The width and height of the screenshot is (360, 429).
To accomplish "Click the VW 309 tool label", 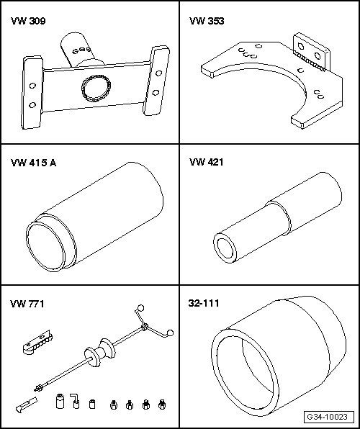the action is point(28,21).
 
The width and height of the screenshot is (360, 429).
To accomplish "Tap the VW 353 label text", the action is point(207,21).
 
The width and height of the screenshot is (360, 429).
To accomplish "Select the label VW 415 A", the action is point(33,163).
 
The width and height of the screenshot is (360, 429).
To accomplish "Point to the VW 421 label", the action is point(206,162).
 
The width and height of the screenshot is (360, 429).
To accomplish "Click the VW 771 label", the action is point(27,304).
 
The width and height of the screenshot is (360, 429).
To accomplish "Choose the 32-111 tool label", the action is point(204,304).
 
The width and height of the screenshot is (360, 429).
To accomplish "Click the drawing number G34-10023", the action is point(327,417).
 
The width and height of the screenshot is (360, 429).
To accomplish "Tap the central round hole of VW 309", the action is point(96,88).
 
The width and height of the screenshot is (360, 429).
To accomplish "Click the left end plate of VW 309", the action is point(32,92).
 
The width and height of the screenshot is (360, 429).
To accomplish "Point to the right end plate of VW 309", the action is point(156,81).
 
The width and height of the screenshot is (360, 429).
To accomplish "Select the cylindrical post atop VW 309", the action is point(78,50).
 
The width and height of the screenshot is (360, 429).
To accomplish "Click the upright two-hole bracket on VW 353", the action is point(312,52).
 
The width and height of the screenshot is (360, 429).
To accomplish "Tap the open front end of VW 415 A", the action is point(46,246).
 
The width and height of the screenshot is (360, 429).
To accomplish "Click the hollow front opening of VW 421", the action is point(225,248).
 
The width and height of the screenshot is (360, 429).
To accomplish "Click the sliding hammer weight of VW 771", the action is point(99,352).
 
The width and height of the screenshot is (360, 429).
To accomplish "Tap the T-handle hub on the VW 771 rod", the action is point(145,327).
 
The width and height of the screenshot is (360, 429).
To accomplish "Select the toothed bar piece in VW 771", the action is point(37,343).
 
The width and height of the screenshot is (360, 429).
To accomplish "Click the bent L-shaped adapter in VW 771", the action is point(75,401).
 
